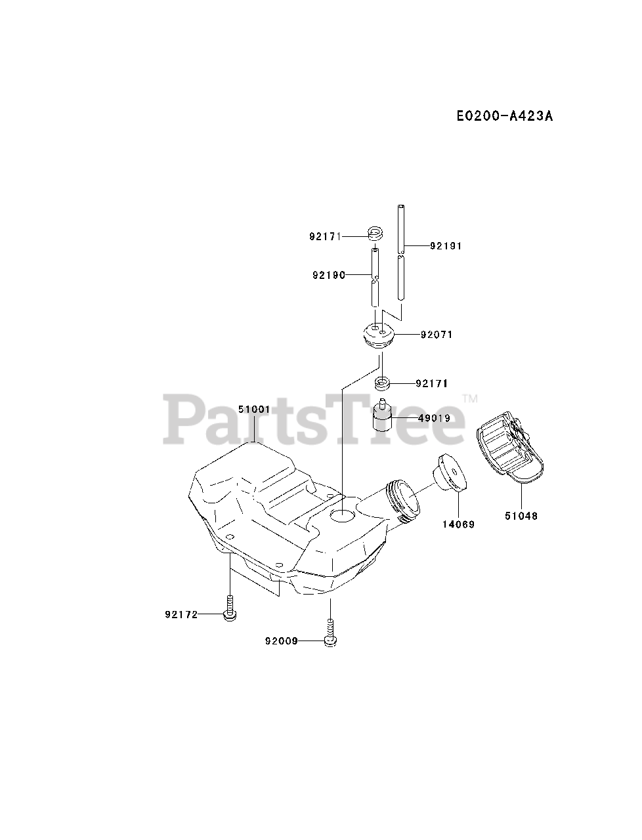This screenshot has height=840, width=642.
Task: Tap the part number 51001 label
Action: (x=254, y=409)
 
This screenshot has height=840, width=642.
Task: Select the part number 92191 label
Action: (x=446, y=246)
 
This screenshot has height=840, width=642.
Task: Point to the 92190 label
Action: (x=328, y=275)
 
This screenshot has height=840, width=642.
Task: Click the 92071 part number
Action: (x=437, y=335)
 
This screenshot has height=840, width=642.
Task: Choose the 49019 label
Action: (x=434, y=417)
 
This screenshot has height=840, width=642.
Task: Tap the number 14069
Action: (x=458, y=524)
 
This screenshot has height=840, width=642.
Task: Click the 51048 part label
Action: (x=521, y=516)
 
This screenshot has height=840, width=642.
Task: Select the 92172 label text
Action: (x=181, y=615)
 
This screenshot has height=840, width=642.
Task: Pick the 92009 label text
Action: (x=282, y=641)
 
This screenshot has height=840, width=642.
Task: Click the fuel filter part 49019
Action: (x=381, y=415)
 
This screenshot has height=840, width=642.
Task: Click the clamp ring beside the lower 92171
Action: (x=382, y=383)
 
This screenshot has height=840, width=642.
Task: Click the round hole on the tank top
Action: (x=342, y=516)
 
